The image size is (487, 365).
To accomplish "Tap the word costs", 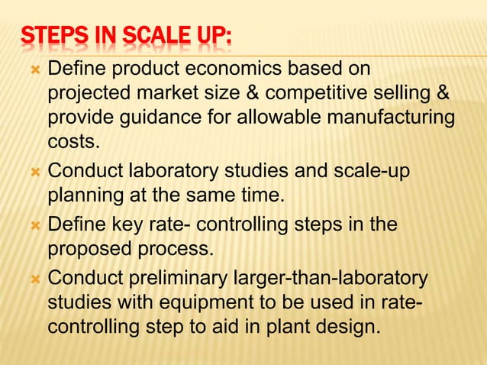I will tap(73, 142).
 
